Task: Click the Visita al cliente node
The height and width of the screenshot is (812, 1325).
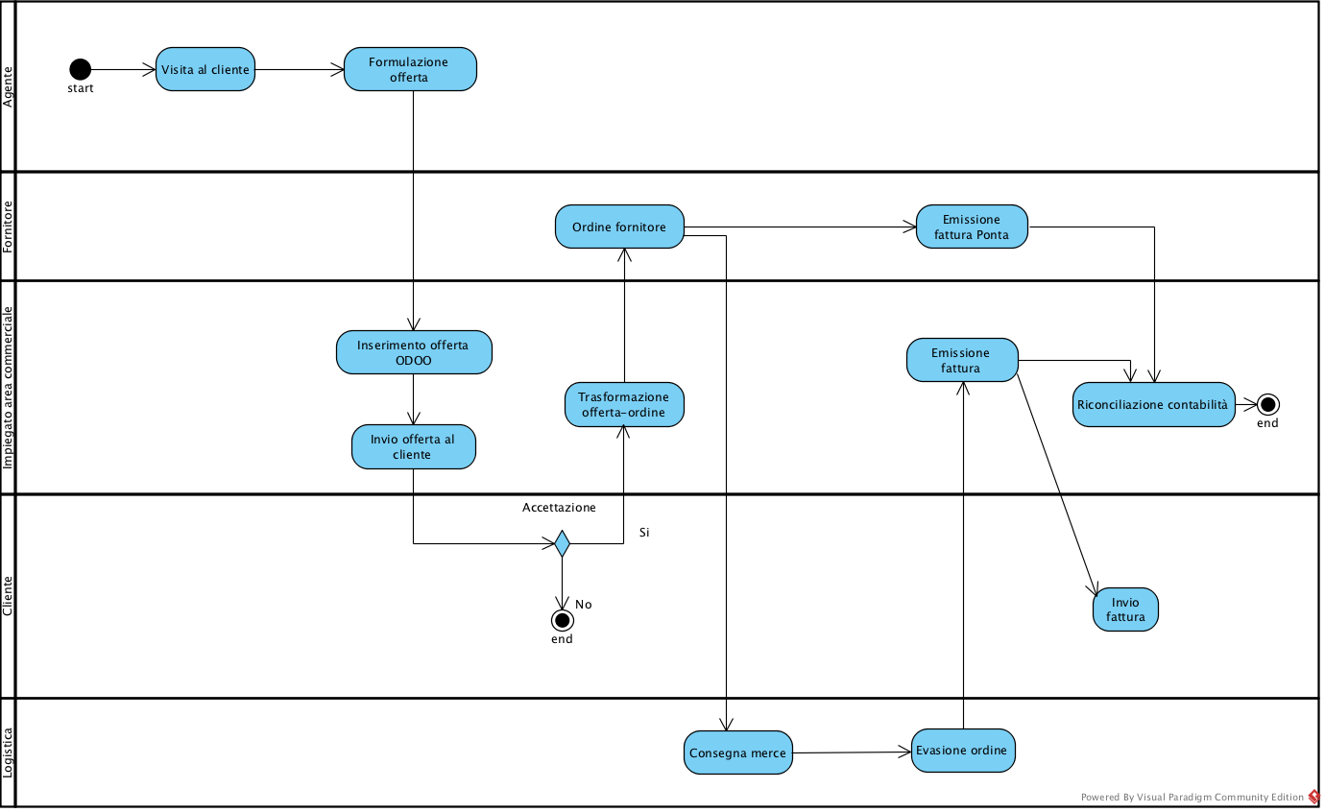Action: pyautogui.click(x=205, y=69)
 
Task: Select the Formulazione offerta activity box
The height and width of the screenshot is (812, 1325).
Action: pyautogui.click(x=410, y=69)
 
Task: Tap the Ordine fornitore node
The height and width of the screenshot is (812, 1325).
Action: pyautogui.click(x=619, y=227)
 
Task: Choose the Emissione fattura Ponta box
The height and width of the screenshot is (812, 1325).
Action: pyautogui.click(x=972, y=227)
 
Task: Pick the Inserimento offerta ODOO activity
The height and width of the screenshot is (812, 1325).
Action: pyautogui.click(x=414, y=352)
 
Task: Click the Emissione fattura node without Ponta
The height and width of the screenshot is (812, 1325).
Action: pyautogui.click(x=962, y=360)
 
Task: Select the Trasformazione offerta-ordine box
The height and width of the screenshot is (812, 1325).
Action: pyautogui.click(x=624, y=404)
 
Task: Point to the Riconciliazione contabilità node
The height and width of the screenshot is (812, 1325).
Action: pyautogui.click(x=1153, y=404)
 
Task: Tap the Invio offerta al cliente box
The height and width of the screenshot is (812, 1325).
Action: pyautogui.click(x=414, y=446)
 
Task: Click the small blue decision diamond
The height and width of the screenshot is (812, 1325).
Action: pyautogui.click(x=563, y=544)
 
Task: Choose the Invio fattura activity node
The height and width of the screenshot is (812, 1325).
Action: pyautogui.click(x=1125, y=609)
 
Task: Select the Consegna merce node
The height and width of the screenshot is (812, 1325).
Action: pyautogui.click(x=738, y=752)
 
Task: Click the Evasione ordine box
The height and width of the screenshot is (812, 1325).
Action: pyautogui.click(x=963, y=750)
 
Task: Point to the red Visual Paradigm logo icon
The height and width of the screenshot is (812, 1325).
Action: pyautogui.click(x=1314, y=797)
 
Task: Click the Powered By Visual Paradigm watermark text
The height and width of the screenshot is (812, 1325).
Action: pyautogui.click(x=1192, y=797)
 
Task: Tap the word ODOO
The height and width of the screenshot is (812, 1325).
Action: pyautogui.click(x=414, y=361)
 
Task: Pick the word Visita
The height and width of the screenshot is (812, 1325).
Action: pyautogui.click(x=178, y=70)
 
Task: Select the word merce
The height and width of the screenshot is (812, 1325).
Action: pyautogui.click(x=767, y=753)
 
